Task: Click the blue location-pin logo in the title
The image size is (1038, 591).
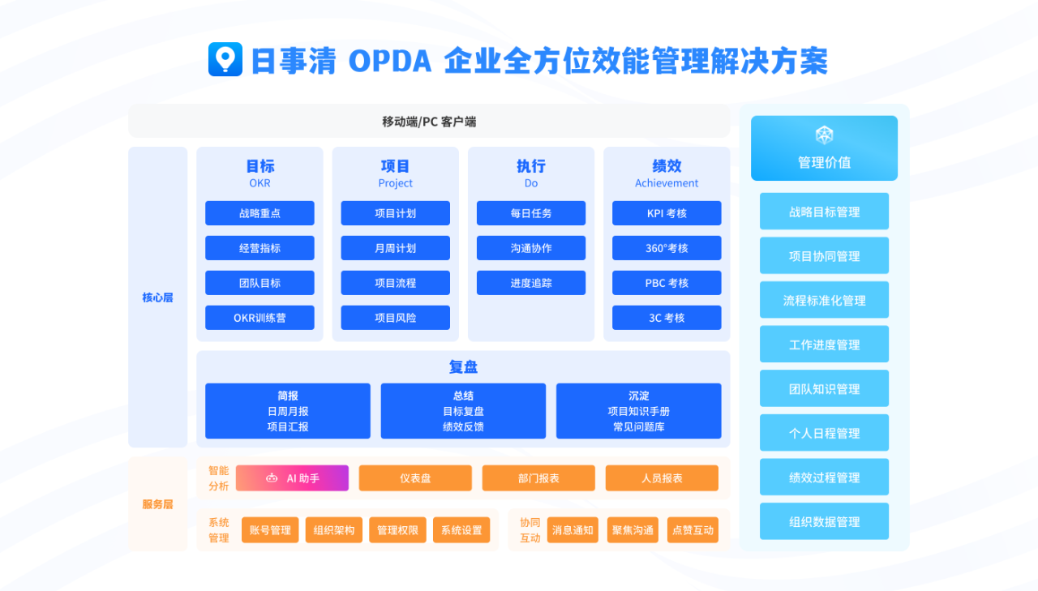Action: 225,59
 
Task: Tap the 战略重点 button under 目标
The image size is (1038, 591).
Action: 259,213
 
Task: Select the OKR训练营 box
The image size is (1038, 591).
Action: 259,318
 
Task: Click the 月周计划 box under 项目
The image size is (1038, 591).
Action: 395,248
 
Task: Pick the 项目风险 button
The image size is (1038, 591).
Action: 395,318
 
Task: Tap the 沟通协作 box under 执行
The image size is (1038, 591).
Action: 530,248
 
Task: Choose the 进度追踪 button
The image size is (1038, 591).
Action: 530,283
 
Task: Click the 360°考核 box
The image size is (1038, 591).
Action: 667,248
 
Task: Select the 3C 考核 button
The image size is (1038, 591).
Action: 667,318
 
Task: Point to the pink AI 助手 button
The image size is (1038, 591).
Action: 292,478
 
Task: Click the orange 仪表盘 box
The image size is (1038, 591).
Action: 415,478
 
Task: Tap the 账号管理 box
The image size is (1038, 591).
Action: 270,530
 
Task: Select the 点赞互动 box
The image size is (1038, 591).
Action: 693,530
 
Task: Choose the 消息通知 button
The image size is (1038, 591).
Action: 573,530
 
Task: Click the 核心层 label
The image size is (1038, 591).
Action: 158,298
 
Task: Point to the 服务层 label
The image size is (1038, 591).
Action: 158,504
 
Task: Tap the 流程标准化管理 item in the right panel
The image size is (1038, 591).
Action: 824,300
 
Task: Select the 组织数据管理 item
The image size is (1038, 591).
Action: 824,522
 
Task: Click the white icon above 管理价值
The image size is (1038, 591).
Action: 824,135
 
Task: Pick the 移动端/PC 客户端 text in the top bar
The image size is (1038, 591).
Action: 429,122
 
